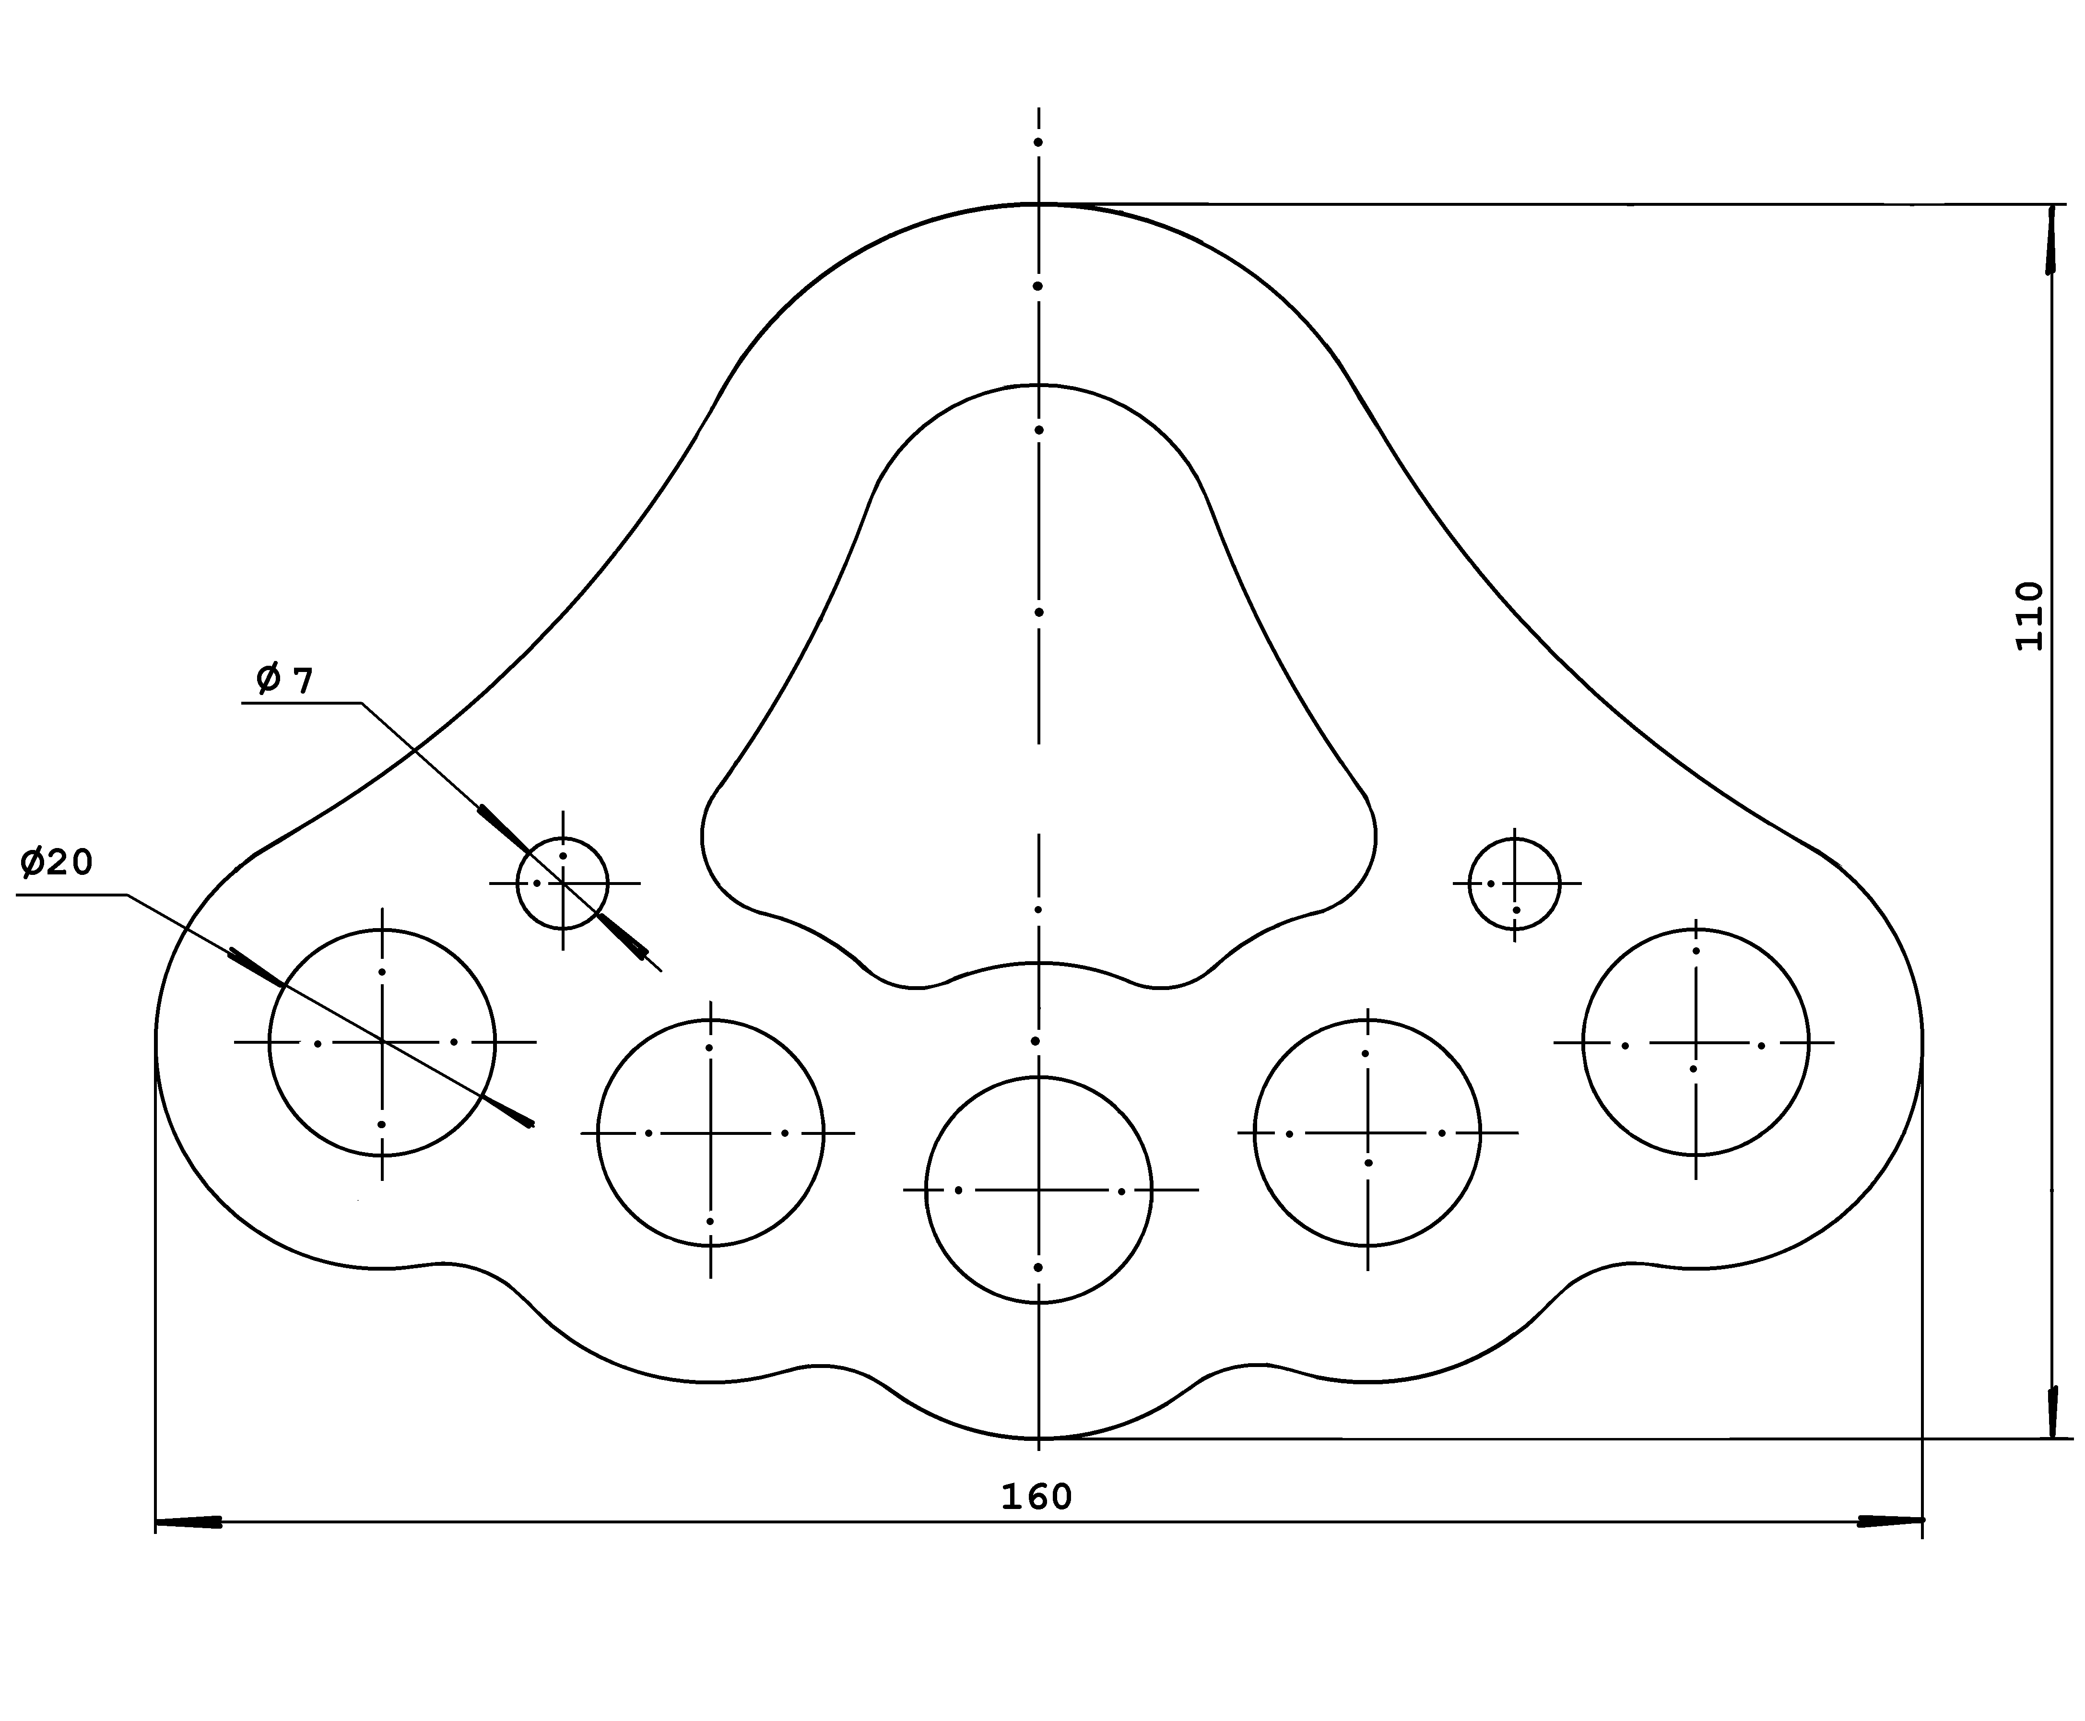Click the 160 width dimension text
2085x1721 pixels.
pos(1036,1497)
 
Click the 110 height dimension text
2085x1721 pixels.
pos(2028,615)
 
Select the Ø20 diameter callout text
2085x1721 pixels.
pos(57,862)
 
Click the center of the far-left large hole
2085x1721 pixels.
pos(382,1042)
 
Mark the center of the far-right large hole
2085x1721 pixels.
pos(1696,1042)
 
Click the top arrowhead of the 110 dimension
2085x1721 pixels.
pos(2050,238)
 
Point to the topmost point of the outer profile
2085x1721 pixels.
pos(1038,203)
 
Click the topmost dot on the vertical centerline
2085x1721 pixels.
pos(1038,142)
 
